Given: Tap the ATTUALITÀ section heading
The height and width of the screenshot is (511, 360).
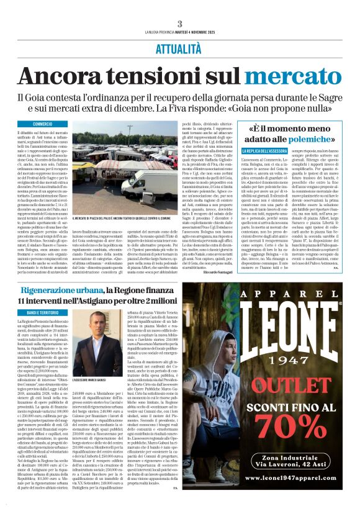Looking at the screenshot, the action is pyautogui.click(x=179, y=47).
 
